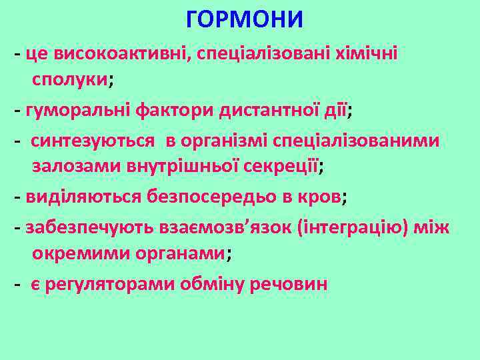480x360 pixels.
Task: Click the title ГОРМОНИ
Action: [x=245, y=20]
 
